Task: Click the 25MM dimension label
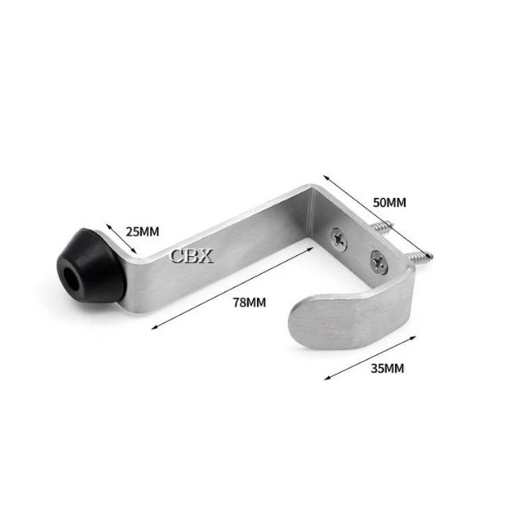[x=143, y=232]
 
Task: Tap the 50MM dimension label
[x=389, y=202]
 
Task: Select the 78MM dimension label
[x=250, y=302]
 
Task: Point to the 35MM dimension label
[x=387, y=369]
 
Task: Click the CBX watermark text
[x=192, y=256]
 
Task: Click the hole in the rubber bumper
[x=71, y=279]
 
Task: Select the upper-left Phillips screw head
[x=338, y=239]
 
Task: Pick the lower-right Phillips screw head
[x=378, y=261]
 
